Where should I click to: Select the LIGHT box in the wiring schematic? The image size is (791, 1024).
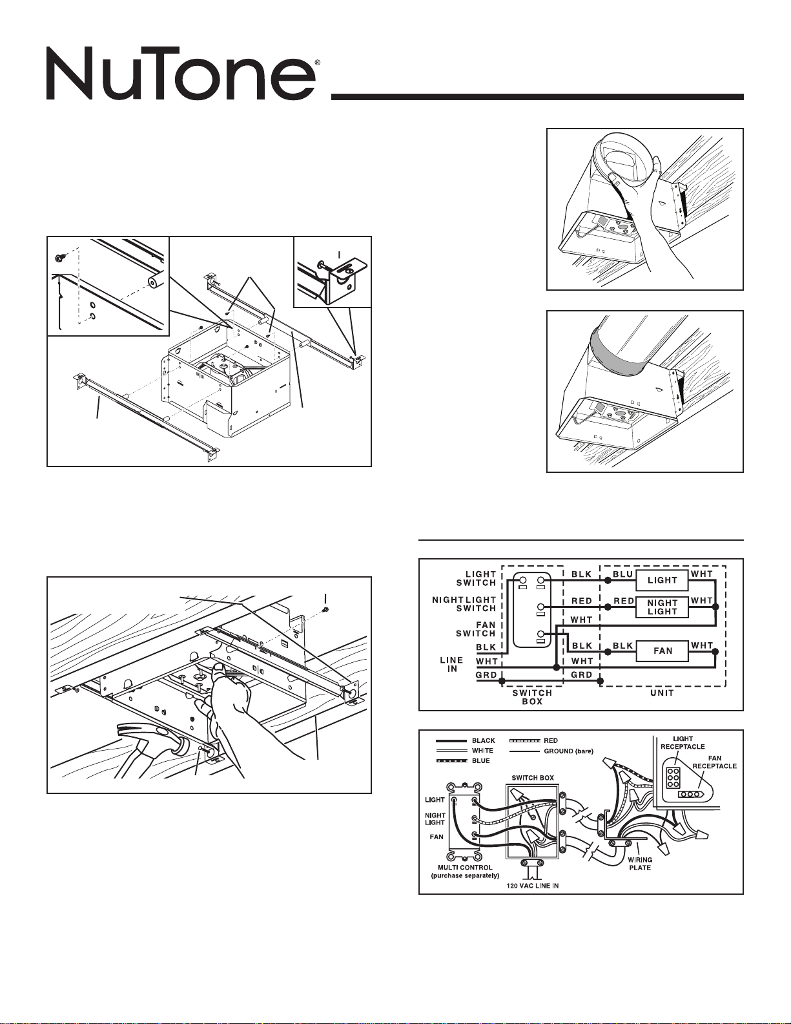point(662,580)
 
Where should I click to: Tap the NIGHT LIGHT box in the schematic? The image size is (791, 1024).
point(662,607)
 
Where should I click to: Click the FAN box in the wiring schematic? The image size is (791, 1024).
point(662,651)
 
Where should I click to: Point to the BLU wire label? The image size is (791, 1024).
point(622,574)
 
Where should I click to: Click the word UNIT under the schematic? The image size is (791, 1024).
point(662,693)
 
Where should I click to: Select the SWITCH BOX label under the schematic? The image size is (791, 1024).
point(532,697)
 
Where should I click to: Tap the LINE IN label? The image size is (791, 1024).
point(451,664)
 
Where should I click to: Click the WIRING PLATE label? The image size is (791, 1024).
point(640,864)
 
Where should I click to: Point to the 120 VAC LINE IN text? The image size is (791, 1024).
point(533,886)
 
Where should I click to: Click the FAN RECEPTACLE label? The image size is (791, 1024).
point(714,762)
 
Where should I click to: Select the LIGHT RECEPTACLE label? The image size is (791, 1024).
point(683,743)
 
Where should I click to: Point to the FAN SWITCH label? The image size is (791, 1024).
point(475,629)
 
